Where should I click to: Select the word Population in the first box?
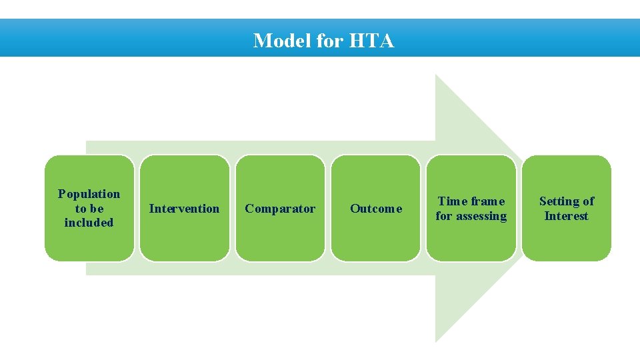pyautogui.click(x=89, y=194)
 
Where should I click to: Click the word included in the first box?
pyautogui.click(x=89, y=223)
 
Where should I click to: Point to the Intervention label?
pyautogui.click(x=184, y=209)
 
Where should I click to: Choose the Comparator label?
pyautogui.click(x=280, y=209)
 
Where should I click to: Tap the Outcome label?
pyautogui.click(x=376, y=209)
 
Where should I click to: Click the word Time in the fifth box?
pyautogui.click(x=452, y=201)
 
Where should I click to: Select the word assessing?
pyautogui.click(x=481, y=216)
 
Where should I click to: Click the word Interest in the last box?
pyautogui.click(x=566, y=216)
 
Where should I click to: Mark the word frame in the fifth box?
pyautogui.click(x=488, y=201)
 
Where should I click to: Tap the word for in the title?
pyautogui.click(x=329, y=41)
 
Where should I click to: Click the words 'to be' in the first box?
pyautogui.click(x=89, y=209)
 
